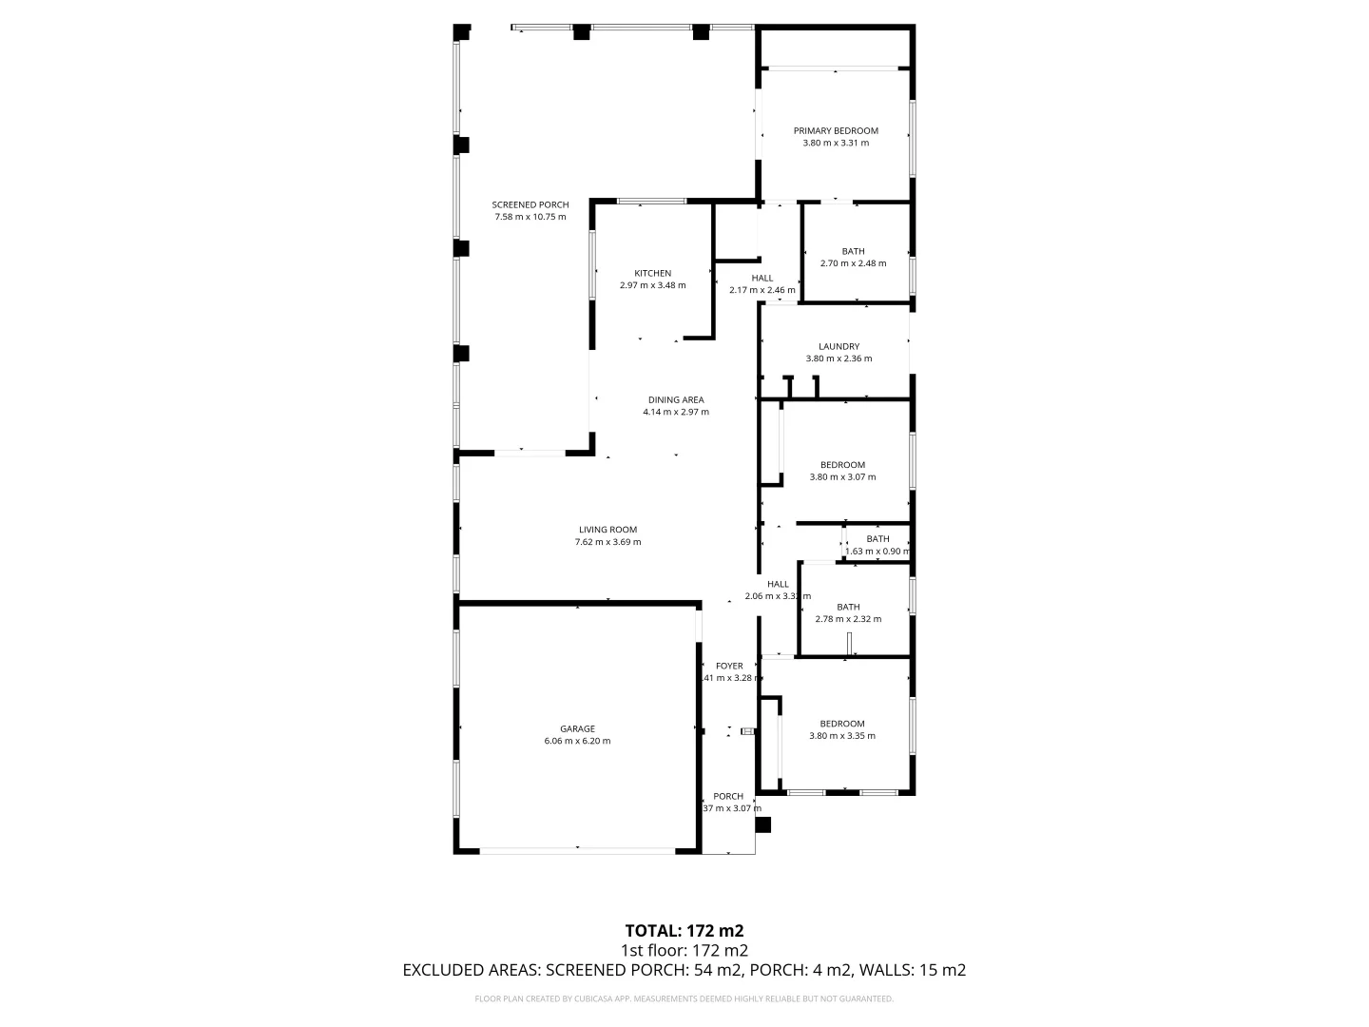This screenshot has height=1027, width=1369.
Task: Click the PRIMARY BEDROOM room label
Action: tap(836, 131)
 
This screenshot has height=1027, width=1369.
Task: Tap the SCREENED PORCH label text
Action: tap(530, 204)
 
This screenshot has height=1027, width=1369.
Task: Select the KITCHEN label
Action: tap(652, 274)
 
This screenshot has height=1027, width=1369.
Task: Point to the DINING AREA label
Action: tap(676, 400)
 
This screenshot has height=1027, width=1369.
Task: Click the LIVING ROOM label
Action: tap(607, 530)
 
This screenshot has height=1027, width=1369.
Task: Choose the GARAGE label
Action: tap(577, 729)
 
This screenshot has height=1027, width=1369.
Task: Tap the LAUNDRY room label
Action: tap(839, 347)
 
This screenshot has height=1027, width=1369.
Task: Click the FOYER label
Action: tap(729, 667)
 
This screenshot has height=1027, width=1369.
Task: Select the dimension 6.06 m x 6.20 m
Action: tap(577, 742)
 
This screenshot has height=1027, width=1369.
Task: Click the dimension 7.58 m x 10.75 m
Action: tap(530, 217)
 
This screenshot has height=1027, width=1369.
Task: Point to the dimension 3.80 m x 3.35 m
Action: tap(842, 736)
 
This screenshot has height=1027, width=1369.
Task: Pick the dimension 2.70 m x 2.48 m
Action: tap(853, 263)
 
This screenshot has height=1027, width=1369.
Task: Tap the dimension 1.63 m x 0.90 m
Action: tap(877, 552)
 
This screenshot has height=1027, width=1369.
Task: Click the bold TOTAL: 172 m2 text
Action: tap(684, 930)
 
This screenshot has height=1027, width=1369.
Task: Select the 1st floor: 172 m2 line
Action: tap(684, 950)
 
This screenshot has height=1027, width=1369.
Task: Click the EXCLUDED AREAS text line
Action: tap(684, 970)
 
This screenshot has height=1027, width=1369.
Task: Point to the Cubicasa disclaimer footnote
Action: tap(684, 998)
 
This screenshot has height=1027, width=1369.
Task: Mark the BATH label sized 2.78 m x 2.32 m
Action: tap(848, 608)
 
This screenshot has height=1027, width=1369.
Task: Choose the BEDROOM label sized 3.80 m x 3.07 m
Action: tap(842, 465)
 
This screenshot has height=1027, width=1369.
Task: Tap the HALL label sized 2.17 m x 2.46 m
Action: tap(762, 279)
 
